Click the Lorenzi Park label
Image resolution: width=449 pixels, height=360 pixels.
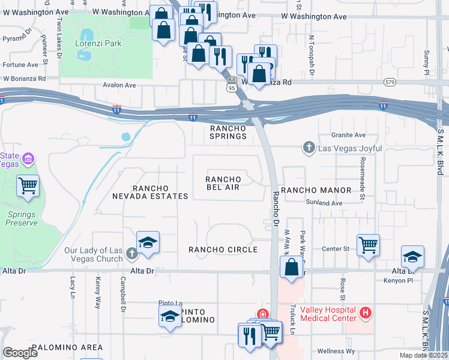coord(98,43)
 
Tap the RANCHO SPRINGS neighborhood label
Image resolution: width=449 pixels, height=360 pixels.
coord(228,132)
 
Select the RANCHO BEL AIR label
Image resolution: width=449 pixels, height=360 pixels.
coord(223,183)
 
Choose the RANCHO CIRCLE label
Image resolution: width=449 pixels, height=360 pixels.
coord(223,250)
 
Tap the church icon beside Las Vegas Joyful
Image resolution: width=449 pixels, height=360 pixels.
coord(309,148)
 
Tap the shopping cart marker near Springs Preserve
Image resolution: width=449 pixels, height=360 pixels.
coord(28,186)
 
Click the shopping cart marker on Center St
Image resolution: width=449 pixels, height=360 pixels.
coord(368,245)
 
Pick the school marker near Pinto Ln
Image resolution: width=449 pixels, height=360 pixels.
coord(170,316)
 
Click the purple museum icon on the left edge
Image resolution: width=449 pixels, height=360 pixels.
coord(28,160)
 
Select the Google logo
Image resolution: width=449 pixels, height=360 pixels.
coord(20,353)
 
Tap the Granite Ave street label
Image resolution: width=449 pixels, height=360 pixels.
coord(352,135)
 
